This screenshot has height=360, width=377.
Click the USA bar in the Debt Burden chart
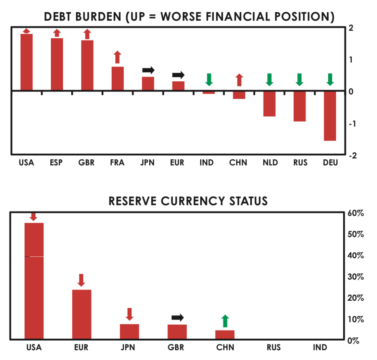tap(26, 62)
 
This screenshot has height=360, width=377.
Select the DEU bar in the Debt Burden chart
tap(330, 116)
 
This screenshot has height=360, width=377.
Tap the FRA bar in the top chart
tap(117, 79)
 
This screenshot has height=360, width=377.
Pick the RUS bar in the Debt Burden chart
tap(300, 106)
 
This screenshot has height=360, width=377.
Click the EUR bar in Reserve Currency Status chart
tap(82, 314)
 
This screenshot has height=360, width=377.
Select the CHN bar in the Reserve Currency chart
tap(225, 335)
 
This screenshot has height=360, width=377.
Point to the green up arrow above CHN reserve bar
tap(225, 321)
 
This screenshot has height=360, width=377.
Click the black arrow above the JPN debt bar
tap(148, 70)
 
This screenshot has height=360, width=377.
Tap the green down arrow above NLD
tap(269, 80)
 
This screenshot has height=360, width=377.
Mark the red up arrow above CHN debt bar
tap(239, 80)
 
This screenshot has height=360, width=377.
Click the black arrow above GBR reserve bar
tap(178, 317)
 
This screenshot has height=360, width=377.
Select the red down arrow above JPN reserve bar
tap(129, 314)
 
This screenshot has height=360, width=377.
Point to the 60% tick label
tap(356, 213)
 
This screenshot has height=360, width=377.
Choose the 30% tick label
tap(356, 277)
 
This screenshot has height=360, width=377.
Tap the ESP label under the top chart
tap(56, 163)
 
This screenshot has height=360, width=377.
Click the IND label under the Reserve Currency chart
tap(320, 347)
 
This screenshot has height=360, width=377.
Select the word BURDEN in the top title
tap(98, 17)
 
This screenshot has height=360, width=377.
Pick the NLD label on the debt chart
tap(270, 163)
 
